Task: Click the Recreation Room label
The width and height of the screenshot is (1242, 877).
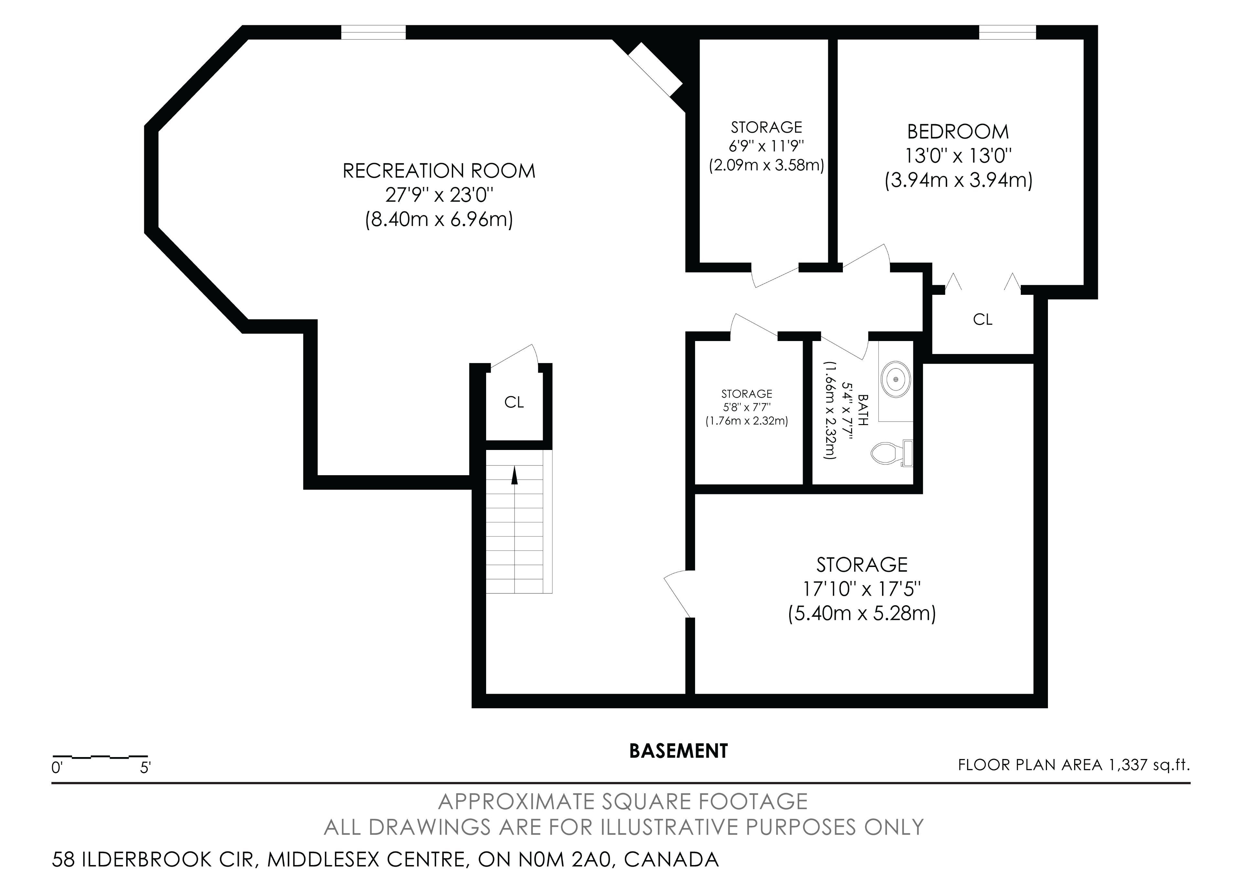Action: tap(439, 171)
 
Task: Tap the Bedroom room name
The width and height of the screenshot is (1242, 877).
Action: tap(958, 132)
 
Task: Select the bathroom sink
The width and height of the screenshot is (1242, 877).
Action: tap(896, 380)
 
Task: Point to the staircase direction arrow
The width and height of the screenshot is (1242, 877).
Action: tap(515, 476)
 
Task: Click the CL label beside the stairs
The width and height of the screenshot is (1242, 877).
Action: tap(514, 402)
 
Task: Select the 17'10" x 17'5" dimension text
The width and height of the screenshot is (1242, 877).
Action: tap(862, 589)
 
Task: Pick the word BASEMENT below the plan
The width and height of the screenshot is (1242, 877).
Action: tap(678, 751)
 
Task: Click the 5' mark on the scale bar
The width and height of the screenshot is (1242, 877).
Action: tap(145, 768)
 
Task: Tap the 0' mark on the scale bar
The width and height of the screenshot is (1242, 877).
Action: tap(57, 768)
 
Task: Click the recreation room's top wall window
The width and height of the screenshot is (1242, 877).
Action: tap(373, 32)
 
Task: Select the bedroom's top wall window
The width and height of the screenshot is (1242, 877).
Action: tap(1008, 32)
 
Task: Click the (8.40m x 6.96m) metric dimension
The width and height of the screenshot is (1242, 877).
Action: tap(439, 219)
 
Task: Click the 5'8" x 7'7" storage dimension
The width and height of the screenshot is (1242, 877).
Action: tap(746, 407)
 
